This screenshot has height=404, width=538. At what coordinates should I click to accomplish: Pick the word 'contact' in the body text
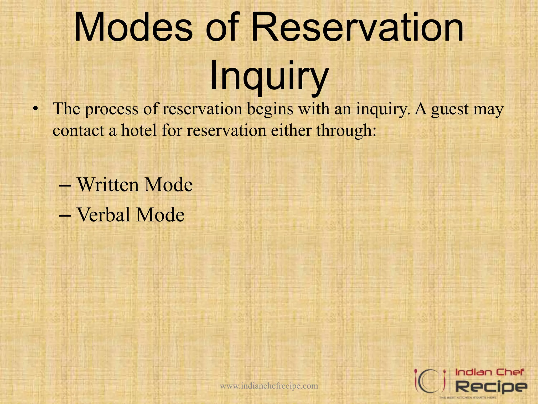pos(78,131)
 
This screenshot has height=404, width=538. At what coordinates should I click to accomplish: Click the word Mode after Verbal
pos(160,215)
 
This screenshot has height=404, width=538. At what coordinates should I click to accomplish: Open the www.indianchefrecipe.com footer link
pos(269,386)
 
